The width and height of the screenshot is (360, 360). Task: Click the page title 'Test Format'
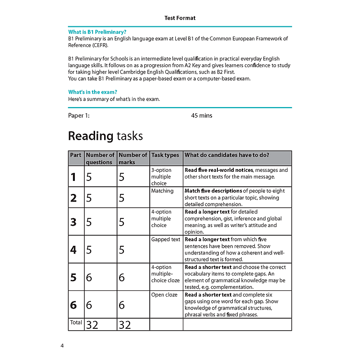[180, 18]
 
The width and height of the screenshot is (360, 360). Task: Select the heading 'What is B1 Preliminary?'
[97, 32]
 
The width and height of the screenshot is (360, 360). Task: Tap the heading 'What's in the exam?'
[93, 92]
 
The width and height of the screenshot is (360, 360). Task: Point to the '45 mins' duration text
[202, 116]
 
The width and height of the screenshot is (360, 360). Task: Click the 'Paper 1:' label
[79, 116]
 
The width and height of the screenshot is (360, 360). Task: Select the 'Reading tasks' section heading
[105, 136]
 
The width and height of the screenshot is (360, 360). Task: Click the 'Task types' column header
[165, 155]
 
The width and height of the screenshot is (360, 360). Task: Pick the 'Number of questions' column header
[100, 158]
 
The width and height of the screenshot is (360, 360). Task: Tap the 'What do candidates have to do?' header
[227, 155]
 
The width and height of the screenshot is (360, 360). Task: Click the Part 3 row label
[73, 222]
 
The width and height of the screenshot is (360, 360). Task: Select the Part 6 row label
[73, 305]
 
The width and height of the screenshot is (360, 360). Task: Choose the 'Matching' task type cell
[162, 191]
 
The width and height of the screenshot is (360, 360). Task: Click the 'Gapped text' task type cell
[166, 240]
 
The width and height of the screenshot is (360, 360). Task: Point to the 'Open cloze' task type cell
[164, 295]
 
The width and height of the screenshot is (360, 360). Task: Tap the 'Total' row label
[76, 323]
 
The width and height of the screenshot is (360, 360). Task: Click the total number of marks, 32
[125, 325]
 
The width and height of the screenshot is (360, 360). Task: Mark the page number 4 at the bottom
[62, 346]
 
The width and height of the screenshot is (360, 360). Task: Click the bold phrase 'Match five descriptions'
[214, 191]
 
